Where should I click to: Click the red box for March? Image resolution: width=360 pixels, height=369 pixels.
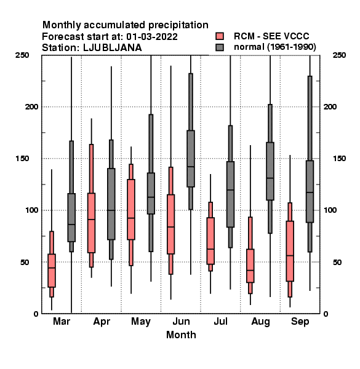tap(52, 271)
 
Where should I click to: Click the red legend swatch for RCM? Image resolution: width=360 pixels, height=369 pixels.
tap(220, 36)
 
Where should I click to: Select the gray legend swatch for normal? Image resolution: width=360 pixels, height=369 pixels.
tap(220, 47)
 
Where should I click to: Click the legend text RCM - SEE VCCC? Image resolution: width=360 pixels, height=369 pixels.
tap(271, 36)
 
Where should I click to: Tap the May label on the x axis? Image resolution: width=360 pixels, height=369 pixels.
tap(141, 322)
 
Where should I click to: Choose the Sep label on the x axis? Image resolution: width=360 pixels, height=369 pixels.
tap(300, 322)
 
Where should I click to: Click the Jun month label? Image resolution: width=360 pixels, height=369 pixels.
tap(181, 321)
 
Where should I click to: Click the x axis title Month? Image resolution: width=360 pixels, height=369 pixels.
tap(181, 335)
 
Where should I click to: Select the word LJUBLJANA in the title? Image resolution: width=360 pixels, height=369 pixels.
tap(113, 48)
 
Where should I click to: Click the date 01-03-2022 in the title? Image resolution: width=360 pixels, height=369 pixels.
tap(152, 37)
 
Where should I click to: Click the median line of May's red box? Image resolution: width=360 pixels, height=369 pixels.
tap(131, 218)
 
